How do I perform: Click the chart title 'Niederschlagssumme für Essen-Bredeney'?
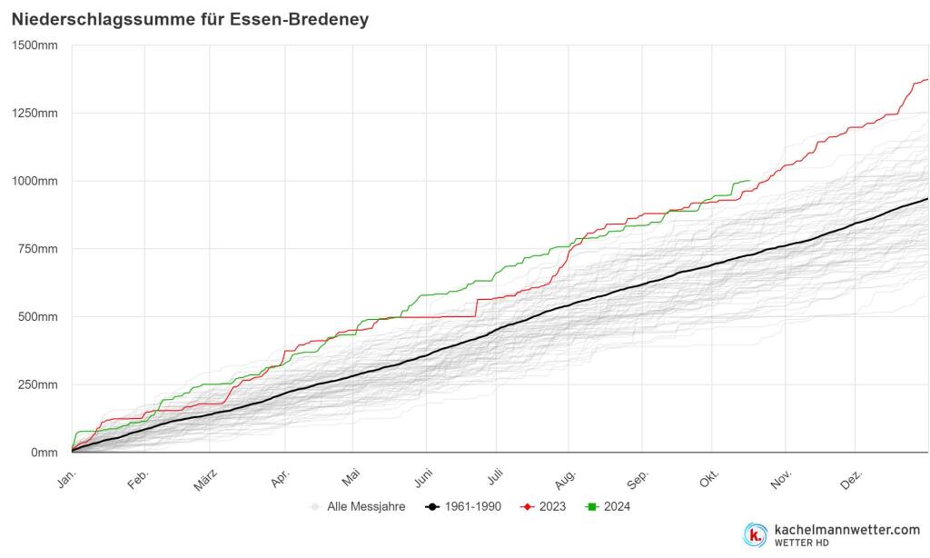coord(190,19)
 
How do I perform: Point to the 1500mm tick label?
coord(35,45)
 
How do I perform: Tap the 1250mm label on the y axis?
coord(35,114)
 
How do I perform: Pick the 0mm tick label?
coord(44,453)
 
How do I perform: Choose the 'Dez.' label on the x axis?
coord(852,478)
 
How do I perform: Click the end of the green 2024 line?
coord(749,181)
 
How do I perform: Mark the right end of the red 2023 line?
coord(927,80)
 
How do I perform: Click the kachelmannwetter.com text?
coord(846,530)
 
